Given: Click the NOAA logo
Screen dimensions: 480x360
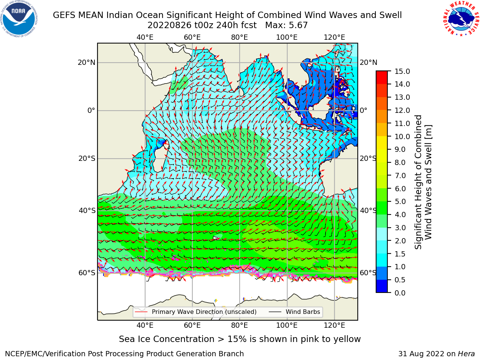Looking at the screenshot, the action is [x=19, y=19].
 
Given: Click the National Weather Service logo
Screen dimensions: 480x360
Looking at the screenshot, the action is [x=461, y=18].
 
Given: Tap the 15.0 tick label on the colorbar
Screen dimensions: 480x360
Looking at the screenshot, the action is [x=402, y=71].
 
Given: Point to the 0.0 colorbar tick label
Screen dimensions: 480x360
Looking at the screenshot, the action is [x=400, y=293].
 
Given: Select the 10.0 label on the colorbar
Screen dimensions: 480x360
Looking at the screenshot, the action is [x=402, y=136].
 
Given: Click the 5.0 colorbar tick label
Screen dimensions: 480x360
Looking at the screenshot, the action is [x=400, y=201].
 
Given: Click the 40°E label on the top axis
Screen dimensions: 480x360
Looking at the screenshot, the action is [x=145, y=37].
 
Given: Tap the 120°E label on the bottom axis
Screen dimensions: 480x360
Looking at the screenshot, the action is [x=334, y=325].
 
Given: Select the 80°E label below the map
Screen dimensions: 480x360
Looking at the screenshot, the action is [x=240, y=325].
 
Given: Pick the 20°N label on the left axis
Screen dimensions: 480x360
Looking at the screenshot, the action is [x=87, y=63].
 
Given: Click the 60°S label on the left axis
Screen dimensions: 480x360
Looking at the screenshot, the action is [x=87, y=273].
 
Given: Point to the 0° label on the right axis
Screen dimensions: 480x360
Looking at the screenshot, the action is [x=363, y=110].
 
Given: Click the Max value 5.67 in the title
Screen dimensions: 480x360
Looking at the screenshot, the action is [x=298, y=25].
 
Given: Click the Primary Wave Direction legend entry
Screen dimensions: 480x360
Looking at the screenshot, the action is [x=196, y=312].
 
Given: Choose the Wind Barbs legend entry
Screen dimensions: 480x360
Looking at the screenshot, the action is [x=294, y=312].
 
